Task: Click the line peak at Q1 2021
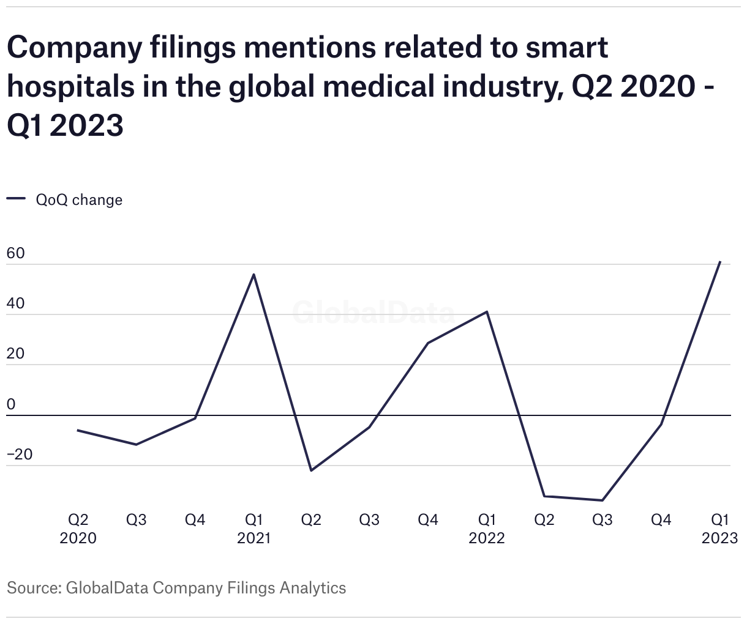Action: coord(253,275)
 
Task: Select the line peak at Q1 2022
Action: coord(487,312)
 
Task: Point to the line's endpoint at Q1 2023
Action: coord(719,262)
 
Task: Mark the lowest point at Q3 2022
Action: coord(602,500)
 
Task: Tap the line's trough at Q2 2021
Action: coord(311,470)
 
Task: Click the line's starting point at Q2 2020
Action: coord(78,431)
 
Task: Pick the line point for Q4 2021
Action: coord(428,343)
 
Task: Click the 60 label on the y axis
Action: coord(16,253)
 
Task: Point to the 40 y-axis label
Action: coord(16,304)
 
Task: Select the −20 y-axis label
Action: coord(20,455)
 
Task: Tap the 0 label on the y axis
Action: coord(11,404)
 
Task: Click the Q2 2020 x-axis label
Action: coord(78,529)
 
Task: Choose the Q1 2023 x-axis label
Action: coord(719,529)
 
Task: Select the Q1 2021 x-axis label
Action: coord(253,529)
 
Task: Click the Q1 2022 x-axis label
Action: coord(487,529)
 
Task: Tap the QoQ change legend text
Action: coord(79,200)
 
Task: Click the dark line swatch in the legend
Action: coord(16,198)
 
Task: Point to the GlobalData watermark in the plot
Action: coord(374,313)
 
